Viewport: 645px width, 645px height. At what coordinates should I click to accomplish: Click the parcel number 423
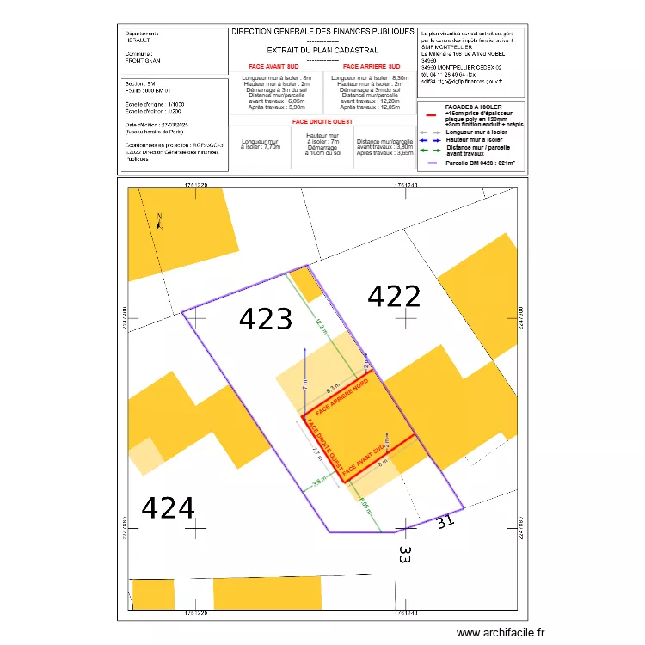(266, 320)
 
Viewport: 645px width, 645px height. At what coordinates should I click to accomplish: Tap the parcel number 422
(394, 297)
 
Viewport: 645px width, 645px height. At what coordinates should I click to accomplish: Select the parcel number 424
(168, 509)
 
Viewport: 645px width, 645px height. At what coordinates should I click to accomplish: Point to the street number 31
(444, 520)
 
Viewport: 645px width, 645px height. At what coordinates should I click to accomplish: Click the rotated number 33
(405, 555)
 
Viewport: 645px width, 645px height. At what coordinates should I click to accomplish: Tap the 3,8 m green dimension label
(321, 482)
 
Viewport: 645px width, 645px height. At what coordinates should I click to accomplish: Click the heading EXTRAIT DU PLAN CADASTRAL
(310, 51)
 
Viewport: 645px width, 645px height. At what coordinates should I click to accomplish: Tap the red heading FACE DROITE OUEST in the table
(322, 122)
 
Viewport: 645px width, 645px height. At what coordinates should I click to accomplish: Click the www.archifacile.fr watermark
(501, 632)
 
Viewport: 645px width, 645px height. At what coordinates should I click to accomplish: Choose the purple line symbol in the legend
(431, 163)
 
